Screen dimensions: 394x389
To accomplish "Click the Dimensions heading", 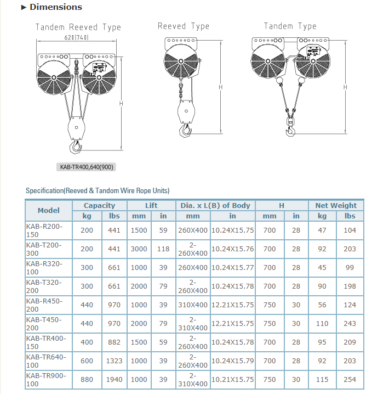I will tap(55, 7).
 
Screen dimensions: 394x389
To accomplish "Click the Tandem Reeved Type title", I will tap(78, 27).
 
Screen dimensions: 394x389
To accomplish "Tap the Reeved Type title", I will tap(183, 26).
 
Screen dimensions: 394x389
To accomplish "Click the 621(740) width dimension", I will tap(76, 37).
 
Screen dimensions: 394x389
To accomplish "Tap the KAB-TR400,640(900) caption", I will tap(88, 167).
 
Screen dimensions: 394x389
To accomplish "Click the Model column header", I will tap(49, 210).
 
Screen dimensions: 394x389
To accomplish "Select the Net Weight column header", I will tap(336, 205).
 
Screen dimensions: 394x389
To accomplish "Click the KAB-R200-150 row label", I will tap(44, 230).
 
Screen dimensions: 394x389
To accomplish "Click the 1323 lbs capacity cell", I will tap(113, 361).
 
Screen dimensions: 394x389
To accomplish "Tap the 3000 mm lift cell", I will tap(139, 249).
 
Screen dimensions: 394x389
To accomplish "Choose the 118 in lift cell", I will tap(163, 249).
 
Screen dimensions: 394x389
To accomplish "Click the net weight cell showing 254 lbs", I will tap(350, 379).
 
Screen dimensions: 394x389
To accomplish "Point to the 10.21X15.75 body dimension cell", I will tap(232, 379).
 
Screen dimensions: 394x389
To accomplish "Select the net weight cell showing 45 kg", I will tap(322, 267).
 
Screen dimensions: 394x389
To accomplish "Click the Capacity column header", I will tap(99, 205).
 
